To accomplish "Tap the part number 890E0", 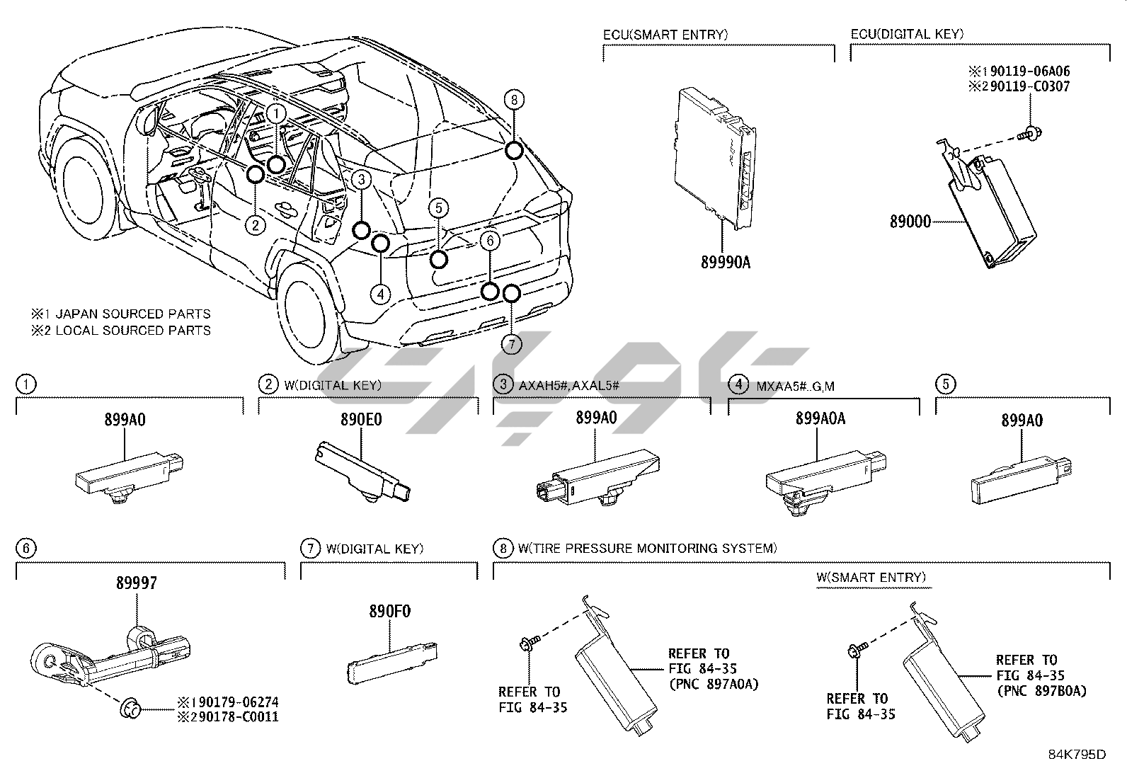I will coord(361,419).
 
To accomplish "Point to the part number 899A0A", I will coord(820,418).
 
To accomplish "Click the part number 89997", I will coord(137,583).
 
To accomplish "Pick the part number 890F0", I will coord(389,612).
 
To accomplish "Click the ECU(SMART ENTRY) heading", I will coord(665,34).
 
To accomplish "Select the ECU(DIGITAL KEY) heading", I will coord(907,34).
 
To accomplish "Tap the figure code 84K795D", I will coord(1077,755).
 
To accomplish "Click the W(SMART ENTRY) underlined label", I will coord(871,578).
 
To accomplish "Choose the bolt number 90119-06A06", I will coord(1025,71).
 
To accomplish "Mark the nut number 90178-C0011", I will coord(234,717).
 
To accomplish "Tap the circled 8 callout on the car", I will coord(515,100).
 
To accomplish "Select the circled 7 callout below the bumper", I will coord(511,344).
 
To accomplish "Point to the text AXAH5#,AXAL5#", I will coord(569,385).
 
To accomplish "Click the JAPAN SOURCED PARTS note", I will coord(120,314).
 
